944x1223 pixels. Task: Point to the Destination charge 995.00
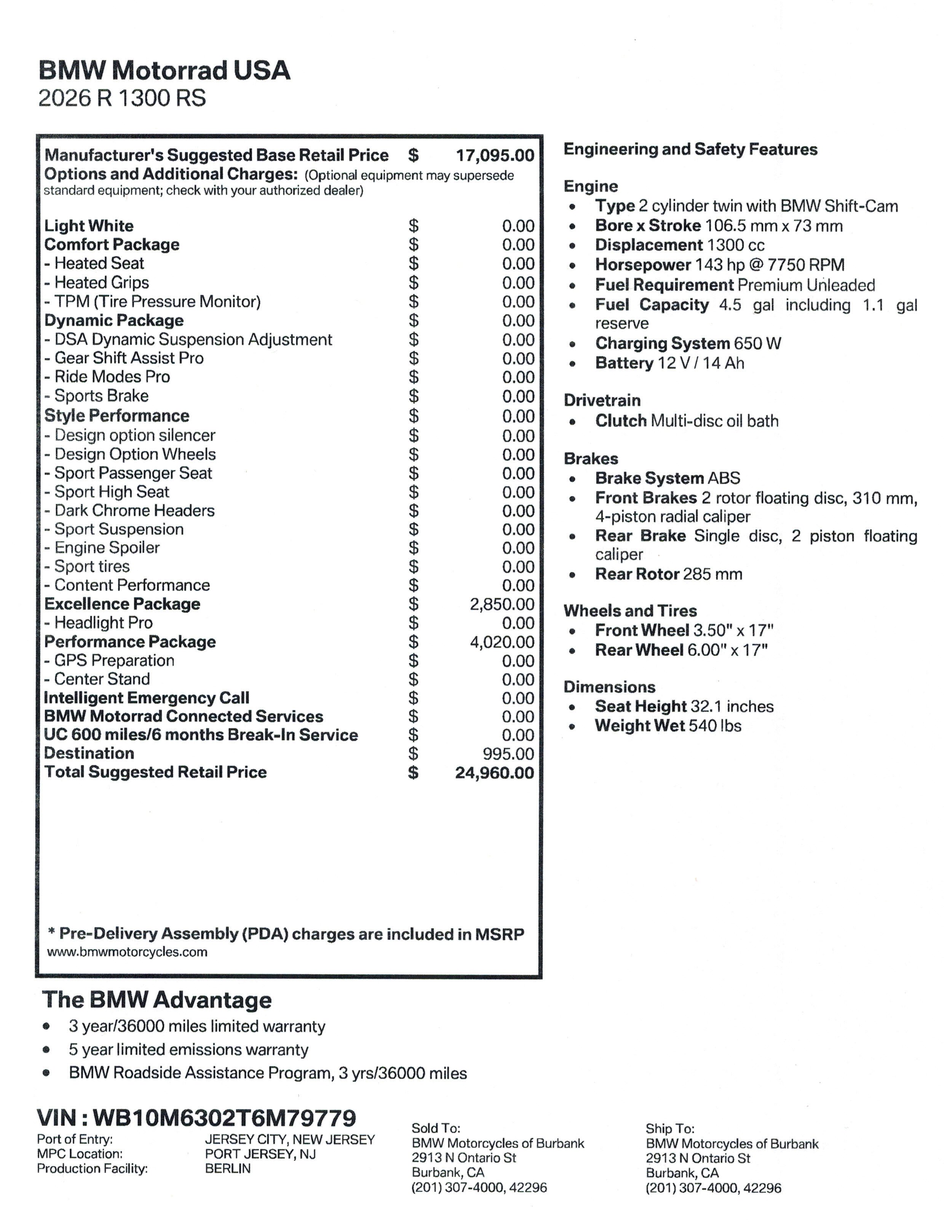(508, 754)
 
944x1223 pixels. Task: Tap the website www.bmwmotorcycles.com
(127, 952)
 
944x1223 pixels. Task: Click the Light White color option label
(89, 226)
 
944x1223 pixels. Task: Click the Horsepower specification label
(643, 264)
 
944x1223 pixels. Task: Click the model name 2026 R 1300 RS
(122, 99)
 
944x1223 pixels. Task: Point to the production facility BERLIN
(227, 1169)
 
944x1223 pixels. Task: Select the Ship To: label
(670, 1129)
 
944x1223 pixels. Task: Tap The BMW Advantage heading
(157, 1000)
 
